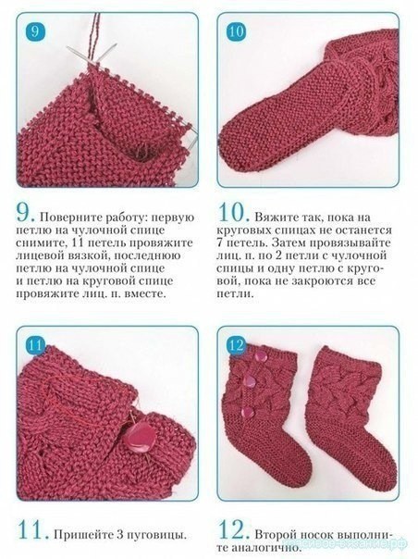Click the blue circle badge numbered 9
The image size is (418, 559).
[36, 31]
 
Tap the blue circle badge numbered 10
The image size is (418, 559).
[236, 31]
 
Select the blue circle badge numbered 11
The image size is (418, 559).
[36, 345]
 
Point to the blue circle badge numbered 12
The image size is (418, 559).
[236, 344]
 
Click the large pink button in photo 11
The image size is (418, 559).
[140, 438]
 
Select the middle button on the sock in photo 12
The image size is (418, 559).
[252, 379]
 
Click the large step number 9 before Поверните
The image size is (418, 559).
[26, 212]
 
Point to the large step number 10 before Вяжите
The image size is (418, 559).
[234, 212]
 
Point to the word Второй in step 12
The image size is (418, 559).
[276, 534]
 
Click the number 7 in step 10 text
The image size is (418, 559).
[219, 242]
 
